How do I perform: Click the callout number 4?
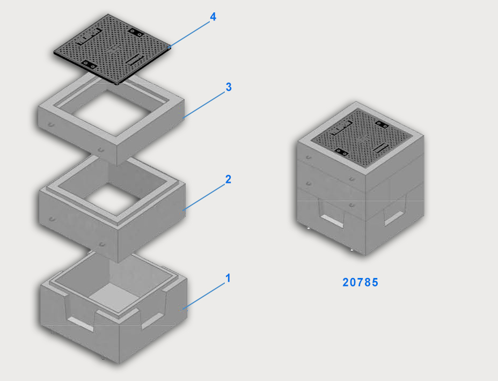(x=213, y=17)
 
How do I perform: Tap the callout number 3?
(x=229, y=87)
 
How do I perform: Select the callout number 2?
(x=228, y=179)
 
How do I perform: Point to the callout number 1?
(x=228, y=278)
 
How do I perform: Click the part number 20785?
(x=361, y=282)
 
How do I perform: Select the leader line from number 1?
(x=204, y=296)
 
